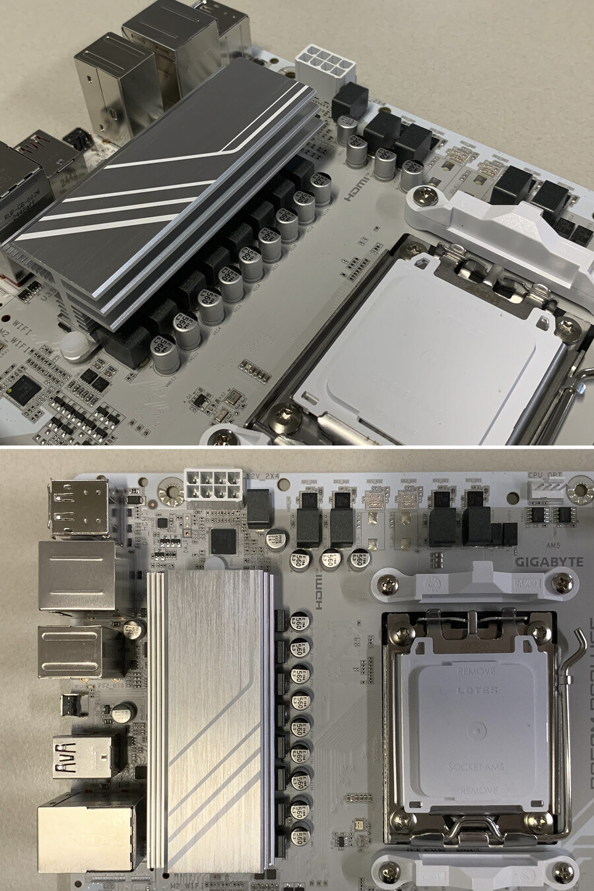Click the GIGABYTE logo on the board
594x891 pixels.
[548, 562]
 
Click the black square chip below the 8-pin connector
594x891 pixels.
[222, 542]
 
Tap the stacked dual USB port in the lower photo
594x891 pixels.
[79, 506]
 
